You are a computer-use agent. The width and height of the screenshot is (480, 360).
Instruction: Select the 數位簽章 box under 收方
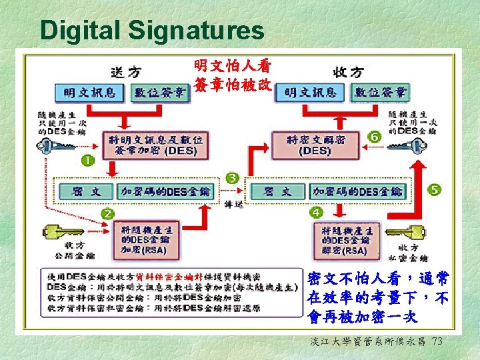coord(378,92)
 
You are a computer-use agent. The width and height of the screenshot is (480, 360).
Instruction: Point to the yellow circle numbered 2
coord(107,213)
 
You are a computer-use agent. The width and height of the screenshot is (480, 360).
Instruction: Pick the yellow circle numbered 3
coord(232,178)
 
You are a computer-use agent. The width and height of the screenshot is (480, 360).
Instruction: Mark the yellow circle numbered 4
coord(317,212)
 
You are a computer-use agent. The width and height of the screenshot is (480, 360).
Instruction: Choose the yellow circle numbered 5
coord(435,191)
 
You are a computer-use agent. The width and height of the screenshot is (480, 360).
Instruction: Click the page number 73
coord(437,341)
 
